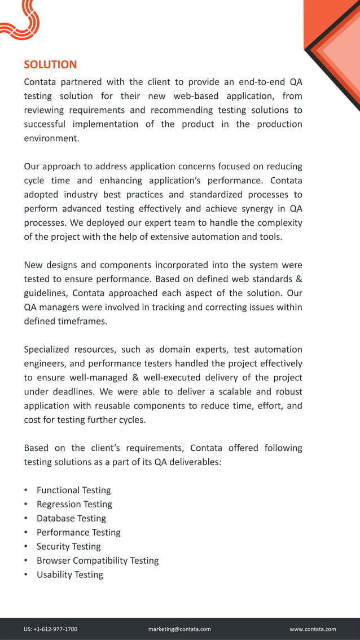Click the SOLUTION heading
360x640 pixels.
[x=50, y=65]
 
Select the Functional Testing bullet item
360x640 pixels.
[x=73, y=490]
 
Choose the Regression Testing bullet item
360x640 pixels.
[x=74, y=504]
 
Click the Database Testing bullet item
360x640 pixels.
[x=71, y=518]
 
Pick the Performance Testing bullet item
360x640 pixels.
[x=78, y=532]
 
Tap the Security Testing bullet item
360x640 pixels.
[x=68, y=546]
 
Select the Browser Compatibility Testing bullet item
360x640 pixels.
[x=98, y=560]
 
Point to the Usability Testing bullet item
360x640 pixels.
[x=69, y=575]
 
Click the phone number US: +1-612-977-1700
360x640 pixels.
[x=51, y=629]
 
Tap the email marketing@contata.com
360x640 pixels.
[x=179, y=629]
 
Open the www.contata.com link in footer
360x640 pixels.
[x=313, y=629]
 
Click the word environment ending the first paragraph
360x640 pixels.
[x=51, y=138]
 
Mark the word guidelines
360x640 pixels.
[x=45, y=293]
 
